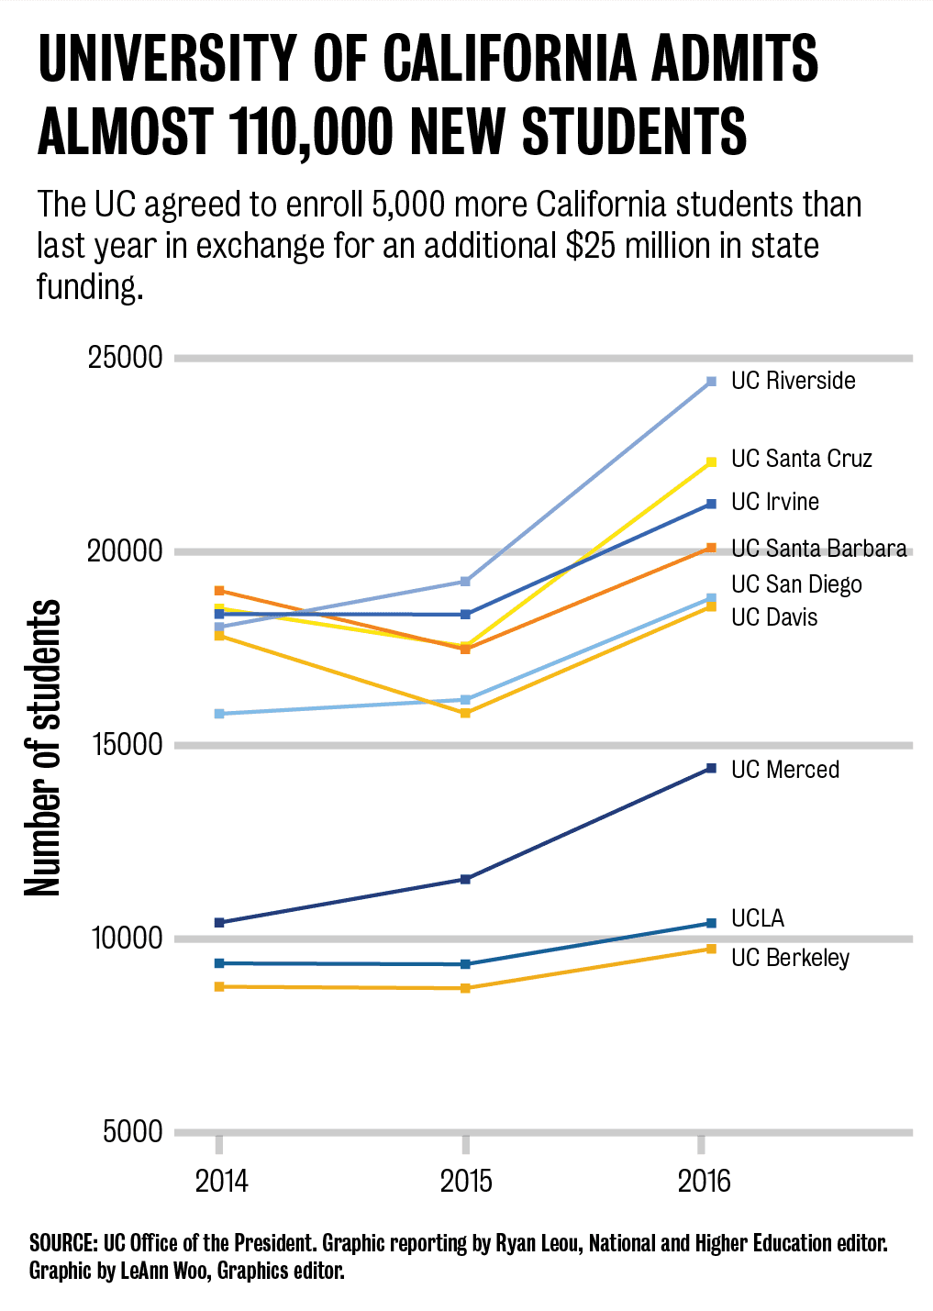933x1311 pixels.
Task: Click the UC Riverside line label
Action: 793,381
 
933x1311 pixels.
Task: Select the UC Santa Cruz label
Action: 801,459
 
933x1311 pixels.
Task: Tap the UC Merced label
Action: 784,770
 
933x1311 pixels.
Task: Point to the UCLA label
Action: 757,918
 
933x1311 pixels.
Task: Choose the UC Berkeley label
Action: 790,958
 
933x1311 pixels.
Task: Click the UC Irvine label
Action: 774,502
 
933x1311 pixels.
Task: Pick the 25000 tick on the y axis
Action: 125,358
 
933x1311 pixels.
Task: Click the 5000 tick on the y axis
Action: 132,1132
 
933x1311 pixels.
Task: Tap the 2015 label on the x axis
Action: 466,1181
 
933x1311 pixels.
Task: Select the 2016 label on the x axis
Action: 704,1181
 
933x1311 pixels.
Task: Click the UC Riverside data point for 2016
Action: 712,382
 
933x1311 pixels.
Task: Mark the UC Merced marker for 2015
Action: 465,880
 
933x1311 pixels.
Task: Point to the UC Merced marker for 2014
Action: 219,923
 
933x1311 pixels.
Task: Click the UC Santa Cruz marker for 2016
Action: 712,462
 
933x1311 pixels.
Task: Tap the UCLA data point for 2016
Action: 712,923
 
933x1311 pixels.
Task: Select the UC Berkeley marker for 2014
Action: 219,987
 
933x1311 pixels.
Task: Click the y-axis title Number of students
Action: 42,748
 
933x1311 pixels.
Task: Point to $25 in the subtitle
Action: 591,246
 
